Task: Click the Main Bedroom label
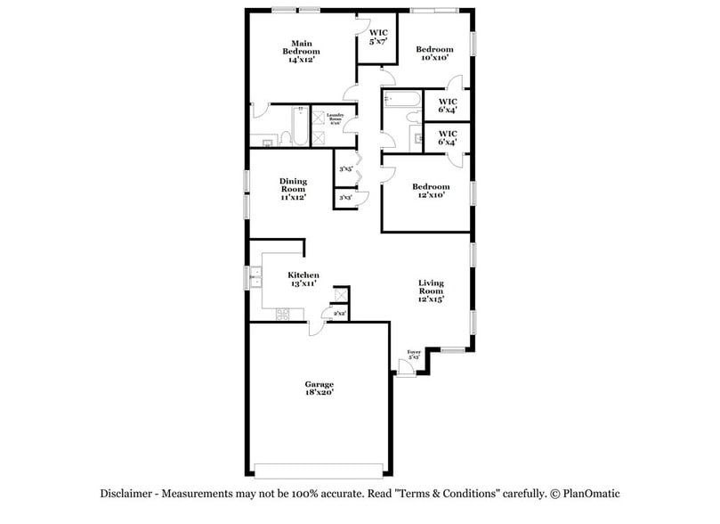pyautogui.click(x=301, y=51)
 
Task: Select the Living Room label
pyautogui.click(x=431, y=291)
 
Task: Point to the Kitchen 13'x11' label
pyautogui.click(x=303, y=280)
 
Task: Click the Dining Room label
pyautogui.click(x=293, y=189)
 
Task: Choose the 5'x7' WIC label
pyautogui.click(x=378, y=37)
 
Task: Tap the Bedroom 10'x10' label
pyautogui.click(x=435, y=53)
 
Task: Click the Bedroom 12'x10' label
pyautogui.click(x=430, y=190)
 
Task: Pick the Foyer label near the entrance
pyautogui.click(x=414, y=355)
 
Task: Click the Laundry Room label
pyautogui.click(x=336, y=119)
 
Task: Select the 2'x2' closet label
pyautogui.click(x=339, y=314)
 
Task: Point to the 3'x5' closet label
pyautogui.click(x=345, y=168)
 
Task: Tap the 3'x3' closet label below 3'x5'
pyautogui.click(x=345, y=197)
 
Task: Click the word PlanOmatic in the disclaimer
pyautogui.click(x=592, y=493)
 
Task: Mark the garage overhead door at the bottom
pyautogui.click(x=318, y=470)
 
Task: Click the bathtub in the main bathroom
pyautogui.click(x=296, y=127)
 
